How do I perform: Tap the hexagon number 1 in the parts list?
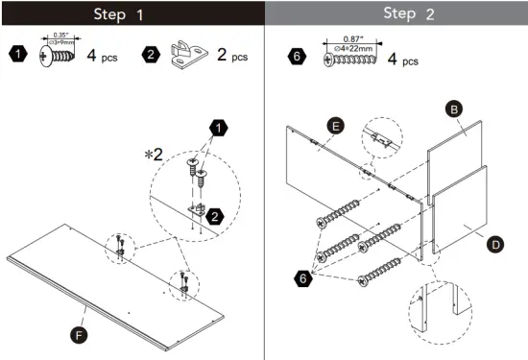[x=18, y=54]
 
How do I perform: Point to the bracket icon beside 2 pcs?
[x=186, y=55]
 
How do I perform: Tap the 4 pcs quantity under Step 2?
[x=403, y=60]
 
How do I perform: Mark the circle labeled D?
[x=495, y=245]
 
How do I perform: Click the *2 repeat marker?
[x=154, y=153]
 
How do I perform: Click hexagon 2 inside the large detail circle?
[x=215, y=217]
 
